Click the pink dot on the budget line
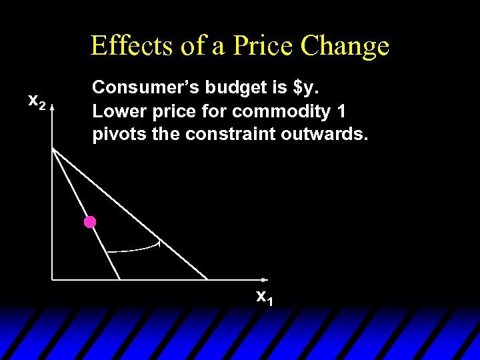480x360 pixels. (x=90, y=222)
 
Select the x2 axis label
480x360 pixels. (x=36, y=101)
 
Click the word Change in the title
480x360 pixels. (x=345, y=45)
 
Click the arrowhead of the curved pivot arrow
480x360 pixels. (x=159, y=243)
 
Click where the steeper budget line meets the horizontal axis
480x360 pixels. (x=121, y=279)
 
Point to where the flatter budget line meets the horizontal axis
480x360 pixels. (x=208, y=279)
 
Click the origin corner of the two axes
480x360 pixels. (x=52, y=279)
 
